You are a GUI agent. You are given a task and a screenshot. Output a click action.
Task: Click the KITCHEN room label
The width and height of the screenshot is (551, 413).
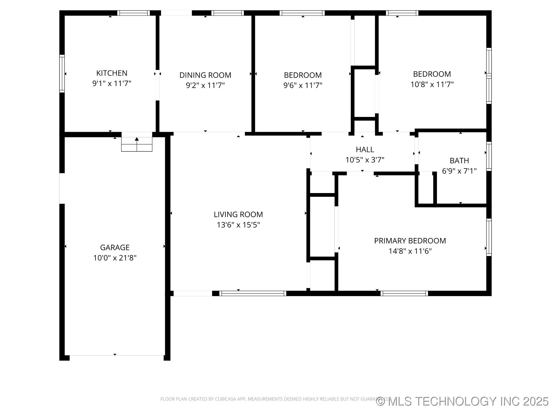[112, 73]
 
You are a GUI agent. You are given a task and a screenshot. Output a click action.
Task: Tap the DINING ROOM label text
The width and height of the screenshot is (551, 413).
[205, 75]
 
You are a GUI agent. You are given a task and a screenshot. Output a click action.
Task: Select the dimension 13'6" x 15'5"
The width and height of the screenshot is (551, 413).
[238, 225]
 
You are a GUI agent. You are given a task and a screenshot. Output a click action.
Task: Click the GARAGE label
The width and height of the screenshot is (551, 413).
[115, 247]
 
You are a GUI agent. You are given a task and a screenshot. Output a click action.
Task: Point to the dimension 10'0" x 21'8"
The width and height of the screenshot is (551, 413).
[115, 258]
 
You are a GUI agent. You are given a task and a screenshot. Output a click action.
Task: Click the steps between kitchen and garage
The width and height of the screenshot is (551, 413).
[137, 145]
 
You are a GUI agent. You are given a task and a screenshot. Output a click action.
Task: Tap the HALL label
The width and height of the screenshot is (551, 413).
[365, 149]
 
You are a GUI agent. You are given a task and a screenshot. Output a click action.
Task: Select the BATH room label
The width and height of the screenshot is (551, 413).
[459, 161]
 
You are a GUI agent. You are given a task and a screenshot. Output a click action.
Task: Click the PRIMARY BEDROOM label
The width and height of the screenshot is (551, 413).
[410, 241]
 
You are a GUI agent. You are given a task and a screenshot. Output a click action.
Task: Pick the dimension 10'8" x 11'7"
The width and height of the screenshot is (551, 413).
[432, 84]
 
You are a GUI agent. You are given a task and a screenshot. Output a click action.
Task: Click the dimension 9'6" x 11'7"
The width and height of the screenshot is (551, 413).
[303, 85]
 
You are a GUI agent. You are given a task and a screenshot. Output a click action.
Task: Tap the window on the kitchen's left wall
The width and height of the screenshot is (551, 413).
[62, 73]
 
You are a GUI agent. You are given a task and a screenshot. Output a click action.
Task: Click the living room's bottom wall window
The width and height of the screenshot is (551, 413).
[253, 293]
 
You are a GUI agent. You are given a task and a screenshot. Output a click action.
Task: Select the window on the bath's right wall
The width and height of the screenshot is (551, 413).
[489, 156]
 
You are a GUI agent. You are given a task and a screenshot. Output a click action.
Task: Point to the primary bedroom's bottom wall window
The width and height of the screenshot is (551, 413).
[404, 293]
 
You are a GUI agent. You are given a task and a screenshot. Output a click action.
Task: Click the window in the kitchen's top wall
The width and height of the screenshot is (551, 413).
[133, 13]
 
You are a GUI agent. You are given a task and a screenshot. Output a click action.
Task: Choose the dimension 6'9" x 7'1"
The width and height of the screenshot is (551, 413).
[459, 171]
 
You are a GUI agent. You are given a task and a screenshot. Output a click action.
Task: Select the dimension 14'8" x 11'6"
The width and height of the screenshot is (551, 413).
[410, 251]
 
